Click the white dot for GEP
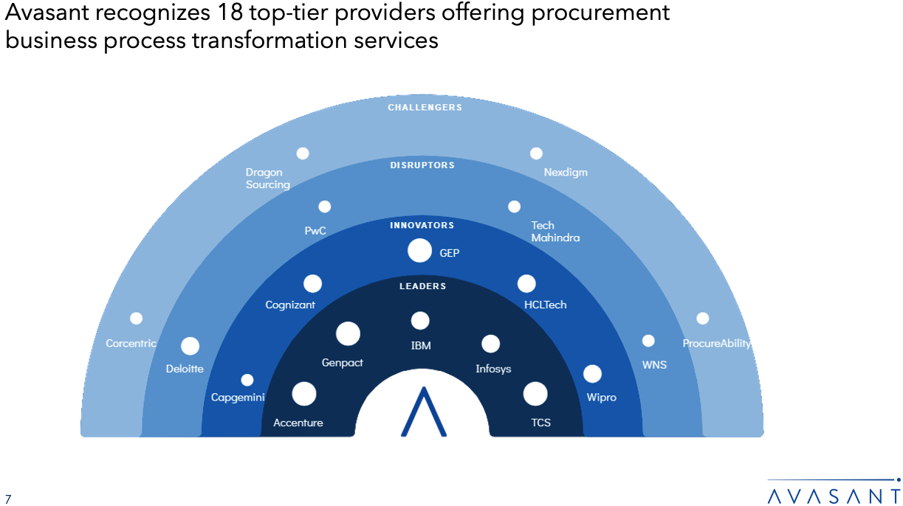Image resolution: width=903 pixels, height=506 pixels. pyautogui.click(x=419, y=251)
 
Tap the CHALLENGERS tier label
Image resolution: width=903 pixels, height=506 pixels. pyautogui.click(x=425, y=108)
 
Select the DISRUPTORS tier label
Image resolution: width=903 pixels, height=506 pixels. pyautogui.click(x=422, y=165)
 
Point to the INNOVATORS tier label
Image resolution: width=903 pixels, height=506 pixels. pyautogui.click(x=422, y=225)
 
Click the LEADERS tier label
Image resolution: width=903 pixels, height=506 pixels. pyautogui.click(x=422, y=286)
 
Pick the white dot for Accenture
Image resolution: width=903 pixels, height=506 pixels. pyautogui.click(x=304, y=394)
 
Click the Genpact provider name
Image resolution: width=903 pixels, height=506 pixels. pyautogui.click(x=343, y=363)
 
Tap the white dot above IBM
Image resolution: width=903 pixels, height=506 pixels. pyautogui.click(x=420, y=321)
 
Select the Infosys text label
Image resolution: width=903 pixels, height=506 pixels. pyautogui.click(x=493, y=369)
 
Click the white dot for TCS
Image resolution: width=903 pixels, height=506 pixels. pyautogui.click(x=535, y=394)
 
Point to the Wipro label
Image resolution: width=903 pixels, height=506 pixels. pyautogui.click(x=602, y=398)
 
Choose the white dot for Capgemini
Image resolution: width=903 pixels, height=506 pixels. pyautogui.click(x=247, y=380)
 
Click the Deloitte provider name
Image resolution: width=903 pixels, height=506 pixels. pyautogui.click(x=185, y=369)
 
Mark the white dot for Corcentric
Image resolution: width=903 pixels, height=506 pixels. pyautogui.click(x=137, y=318)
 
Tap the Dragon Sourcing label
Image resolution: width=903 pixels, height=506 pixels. pyautogui.click(x=268, y=179)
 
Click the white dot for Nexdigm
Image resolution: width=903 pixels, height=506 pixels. pyautogui.click(x=536, y=153)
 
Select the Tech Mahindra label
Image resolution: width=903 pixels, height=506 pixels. pyautogui.click(x=555, y=232)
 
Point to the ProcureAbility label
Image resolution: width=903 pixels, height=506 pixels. pyautogui.click(x=716, y=343)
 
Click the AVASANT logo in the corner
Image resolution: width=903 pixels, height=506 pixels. pyautogui.click(x=834, y=492)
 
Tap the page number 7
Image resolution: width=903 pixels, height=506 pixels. pyautogui.click(x=8, y=499)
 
